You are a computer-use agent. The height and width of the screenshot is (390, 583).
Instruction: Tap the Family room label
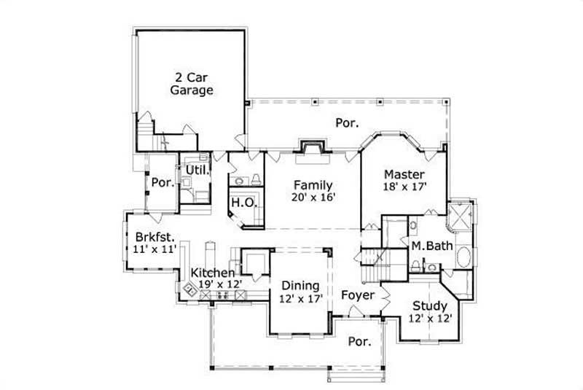313,185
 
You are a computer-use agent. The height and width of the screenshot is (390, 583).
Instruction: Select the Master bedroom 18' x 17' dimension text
404,187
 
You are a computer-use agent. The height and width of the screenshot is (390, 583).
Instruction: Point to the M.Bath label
431,246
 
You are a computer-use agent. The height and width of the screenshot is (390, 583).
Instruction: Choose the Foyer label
357,295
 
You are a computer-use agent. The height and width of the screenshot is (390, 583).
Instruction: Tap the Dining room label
300,285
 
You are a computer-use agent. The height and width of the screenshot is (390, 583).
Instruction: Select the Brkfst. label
154,237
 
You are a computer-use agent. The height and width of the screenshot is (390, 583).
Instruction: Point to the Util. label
197,170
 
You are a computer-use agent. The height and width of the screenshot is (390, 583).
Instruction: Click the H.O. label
243,202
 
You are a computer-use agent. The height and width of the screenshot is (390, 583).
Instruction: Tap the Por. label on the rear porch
347,123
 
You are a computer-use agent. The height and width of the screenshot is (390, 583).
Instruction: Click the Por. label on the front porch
357,341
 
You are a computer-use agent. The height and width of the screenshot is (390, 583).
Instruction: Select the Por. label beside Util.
162,183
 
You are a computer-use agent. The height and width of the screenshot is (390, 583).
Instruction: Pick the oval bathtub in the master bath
463,257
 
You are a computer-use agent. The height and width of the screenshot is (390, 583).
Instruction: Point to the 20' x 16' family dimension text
313,198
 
